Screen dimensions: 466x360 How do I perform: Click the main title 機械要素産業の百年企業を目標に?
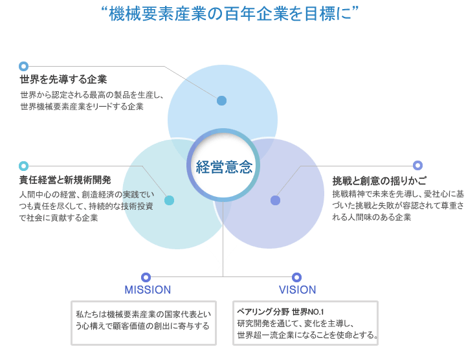(x=230, y=14)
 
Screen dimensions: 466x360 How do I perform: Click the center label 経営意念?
(x=224, y=166)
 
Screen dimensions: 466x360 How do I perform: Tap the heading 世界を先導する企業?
(x=63, y=80)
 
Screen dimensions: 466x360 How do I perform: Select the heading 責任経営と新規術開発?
(x=65, y=180)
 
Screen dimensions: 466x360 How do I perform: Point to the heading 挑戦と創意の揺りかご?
(x=379, y=181)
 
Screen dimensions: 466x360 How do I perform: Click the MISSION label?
(x=148, y=290)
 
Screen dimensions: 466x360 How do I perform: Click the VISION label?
(x=297, y=290)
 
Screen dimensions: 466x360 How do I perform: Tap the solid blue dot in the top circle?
(x=221, y=101)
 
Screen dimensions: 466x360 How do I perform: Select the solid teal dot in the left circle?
(x=169, y=200)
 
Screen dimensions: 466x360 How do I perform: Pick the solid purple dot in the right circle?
(x=275, y=200)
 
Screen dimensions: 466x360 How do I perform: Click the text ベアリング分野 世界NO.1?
(x=280, y=312)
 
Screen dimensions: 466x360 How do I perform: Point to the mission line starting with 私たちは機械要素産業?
(x=144, y=314)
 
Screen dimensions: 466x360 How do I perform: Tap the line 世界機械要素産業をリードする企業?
(x=82, y=106)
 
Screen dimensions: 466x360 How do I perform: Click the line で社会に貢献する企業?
(x=58, y=218)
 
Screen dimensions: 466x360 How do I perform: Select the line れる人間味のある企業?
(x=372, y=217)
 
